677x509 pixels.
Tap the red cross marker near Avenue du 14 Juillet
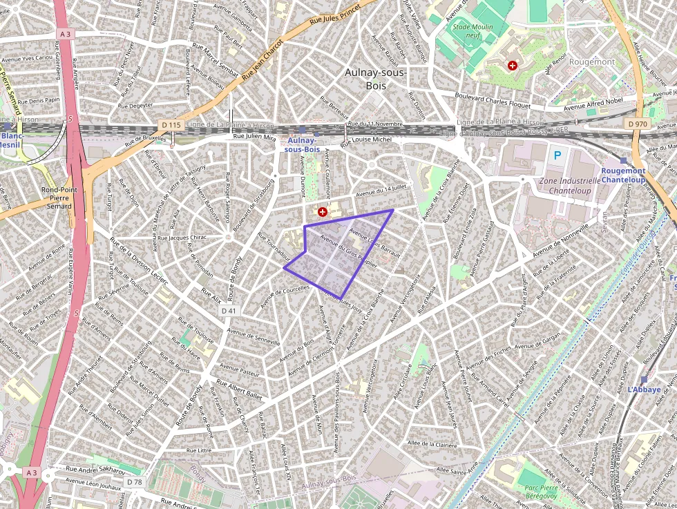click(322, 212)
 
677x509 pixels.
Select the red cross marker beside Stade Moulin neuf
click(512, 66)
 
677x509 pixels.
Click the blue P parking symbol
click(557, 155)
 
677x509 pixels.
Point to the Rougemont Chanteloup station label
click(623, 175)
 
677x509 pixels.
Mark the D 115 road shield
click(171, 124)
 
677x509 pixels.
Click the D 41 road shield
click(229, 311)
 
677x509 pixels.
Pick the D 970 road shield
click(639, 124)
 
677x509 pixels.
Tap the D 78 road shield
click(135, 481)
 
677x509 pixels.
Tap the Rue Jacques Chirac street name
click(182, 238)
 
